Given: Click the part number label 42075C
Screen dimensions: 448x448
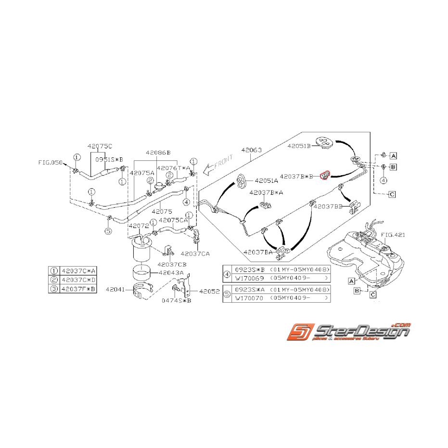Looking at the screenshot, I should click(100, 146).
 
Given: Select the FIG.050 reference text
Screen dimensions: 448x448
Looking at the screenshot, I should click(50, 163).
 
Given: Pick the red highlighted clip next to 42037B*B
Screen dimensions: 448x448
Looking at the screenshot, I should click(325, 175).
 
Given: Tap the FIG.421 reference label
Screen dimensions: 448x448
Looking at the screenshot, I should click(393, 235).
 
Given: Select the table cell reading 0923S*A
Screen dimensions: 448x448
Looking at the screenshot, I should click(248, 290).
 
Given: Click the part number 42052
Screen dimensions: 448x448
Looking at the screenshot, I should click(209, 291).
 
